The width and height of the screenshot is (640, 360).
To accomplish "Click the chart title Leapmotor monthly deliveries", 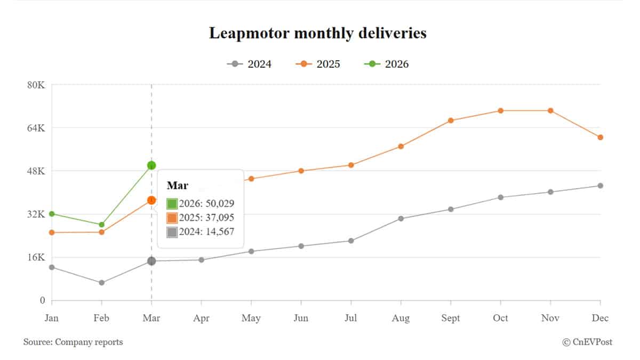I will coord(317,33).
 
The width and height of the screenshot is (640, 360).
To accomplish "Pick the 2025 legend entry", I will coord(318,64).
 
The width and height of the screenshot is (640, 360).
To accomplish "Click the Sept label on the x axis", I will coord(451,318).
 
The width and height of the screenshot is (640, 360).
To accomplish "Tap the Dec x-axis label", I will coord(600,318).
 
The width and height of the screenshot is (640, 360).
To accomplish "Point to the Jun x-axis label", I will coord(301,318).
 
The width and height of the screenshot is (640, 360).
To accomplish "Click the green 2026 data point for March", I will coord(151,165).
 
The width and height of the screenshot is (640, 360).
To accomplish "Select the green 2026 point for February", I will coord(101,225).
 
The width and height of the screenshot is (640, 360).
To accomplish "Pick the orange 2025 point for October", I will coord(501,110).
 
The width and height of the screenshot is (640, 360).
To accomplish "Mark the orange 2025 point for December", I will coord(601,137).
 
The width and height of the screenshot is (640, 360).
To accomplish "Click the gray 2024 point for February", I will coord(101,283).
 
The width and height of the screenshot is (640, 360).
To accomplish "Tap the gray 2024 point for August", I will coord(401,218).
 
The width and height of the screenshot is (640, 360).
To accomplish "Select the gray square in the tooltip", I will coord(172,232).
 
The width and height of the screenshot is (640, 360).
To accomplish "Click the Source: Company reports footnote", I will coord(73,342).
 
